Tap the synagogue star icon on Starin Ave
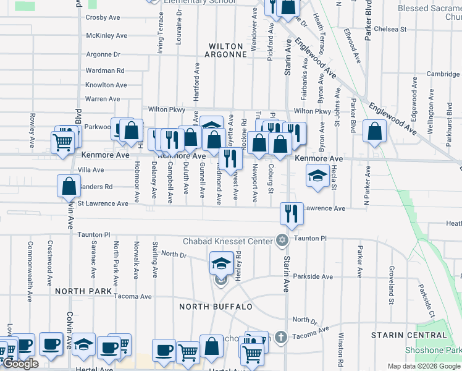click(x=282, y=240)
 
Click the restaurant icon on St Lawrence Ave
click(x=290, y=213)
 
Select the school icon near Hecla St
click(x=317, y=176)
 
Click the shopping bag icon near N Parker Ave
click(x=374, y=131)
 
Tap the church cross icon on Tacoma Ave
click(x=281, y=337)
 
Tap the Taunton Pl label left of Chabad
click(x=93, y=235)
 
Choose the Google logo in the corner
click(x=20, y=364)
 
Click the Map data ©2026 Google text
click(x=423, y=366)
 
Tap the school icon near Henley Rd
click(x=220, y=263)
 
